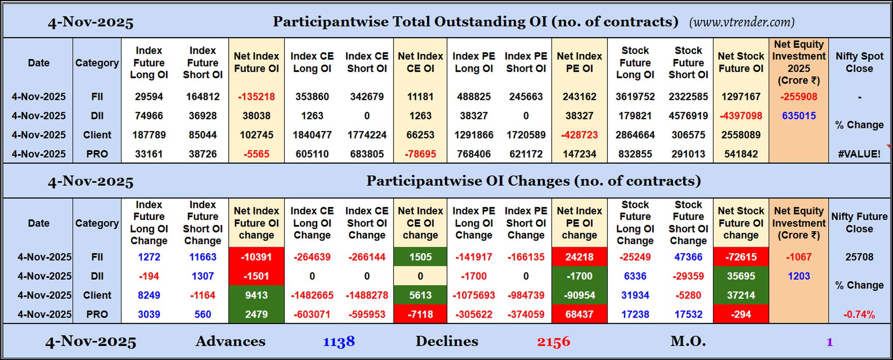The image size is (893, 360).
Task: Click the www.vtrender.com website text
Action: point(741,22)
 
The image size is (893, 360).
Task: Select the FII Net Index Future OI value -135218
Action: point(256,97)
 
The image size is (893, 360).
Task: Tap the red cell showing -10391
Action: point(256,257)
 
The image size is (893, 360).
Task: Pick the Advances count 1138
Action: point(339,342)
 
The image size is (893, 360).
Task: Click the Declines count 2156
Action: point(553,342)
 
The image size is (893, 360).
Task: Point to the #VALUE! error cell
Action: point(859,154)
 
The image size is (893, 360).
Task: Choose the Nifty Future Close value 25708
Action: point(859,257)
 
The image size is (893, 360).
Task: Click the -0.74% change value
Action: point(859,314)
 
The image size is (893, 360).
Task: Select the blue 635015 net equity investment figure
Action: point(798,116)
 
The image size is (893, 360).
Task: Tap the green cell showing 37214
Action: point(740,295)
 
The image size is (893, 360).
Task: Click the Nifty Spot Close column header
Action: point(859,62)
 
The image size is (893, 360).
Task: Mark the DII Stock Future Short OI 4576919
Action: point(688,116)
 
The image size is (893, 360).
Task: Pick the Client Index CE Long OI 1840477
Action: point(312,135)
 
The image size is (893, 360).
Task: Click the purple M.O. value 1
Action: point(829,342)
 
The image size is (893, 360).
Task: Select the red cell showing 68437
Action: point(579,314)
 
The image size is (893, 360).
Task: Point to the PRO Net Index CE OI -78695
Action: point(420,154)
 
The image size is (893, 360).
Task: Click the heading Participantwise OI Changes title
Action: point(533,181)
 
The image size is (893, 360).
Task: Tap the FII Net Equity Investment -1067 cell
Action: point(798,257)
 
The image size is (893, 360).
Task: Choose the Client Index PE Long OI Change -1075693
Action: point(473,295)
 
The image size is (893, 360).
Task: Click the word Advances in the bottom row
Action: point(230,341)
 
